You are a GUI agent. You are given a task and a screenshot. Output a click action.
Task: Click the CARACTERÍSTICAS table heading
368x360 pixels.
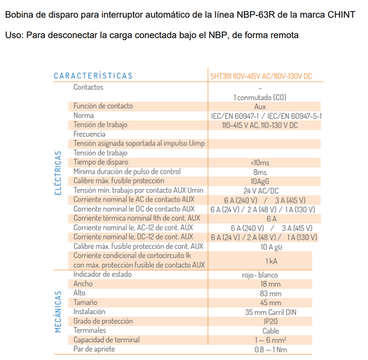click(x=93, y=75)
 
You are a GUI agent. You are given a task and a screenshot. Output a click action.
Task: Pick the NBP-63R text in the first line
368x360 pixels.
click(x=253, y=14)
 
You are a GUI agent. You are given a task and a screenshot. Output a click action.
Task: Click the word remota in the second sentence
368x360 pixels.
click(x=284, y=34)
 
